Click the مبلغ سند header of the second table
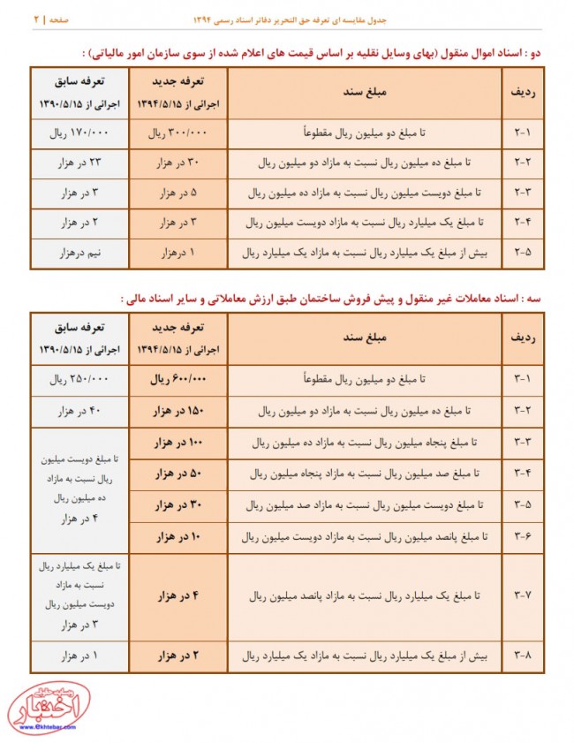click(x=358, y=337)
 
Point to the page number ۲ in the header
click(x=37, y=18)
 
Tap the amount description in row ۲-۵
click(x=358, y=254)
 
